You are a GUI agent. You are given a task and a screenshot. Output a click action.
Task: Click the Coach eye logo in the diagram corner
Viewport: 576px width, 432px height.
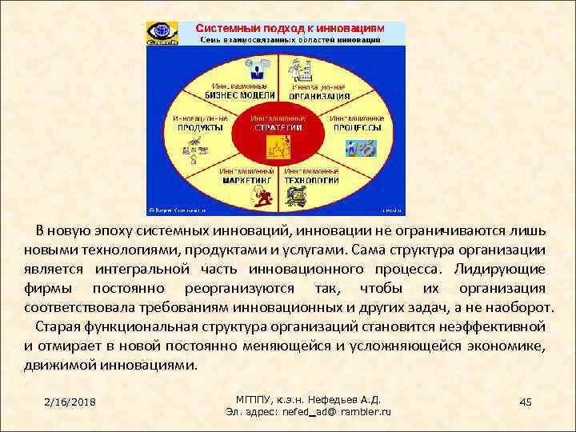point(160,34)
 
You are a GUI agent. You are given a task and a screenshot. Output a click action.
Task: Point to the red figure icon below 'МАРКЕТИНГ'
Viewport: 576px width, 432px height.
point(262,196)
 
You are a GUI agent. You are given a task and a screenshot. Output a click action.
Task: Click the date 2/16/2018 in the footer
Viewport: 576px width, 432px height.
point(70,401)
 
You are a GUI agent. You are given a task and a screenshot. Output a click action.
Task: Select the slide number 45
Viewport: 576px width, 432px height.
point(525,400)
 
